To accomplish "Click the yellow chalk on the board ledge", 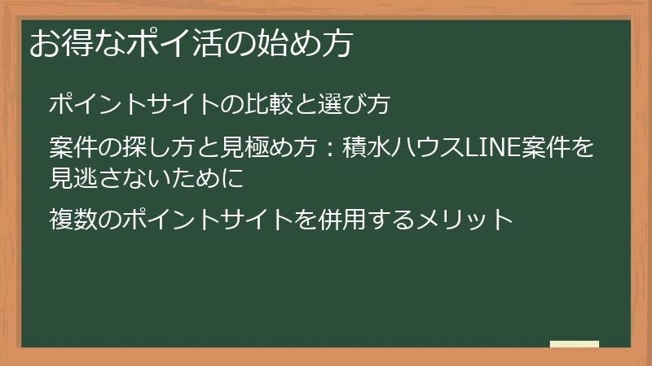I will tap(575, 344).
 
